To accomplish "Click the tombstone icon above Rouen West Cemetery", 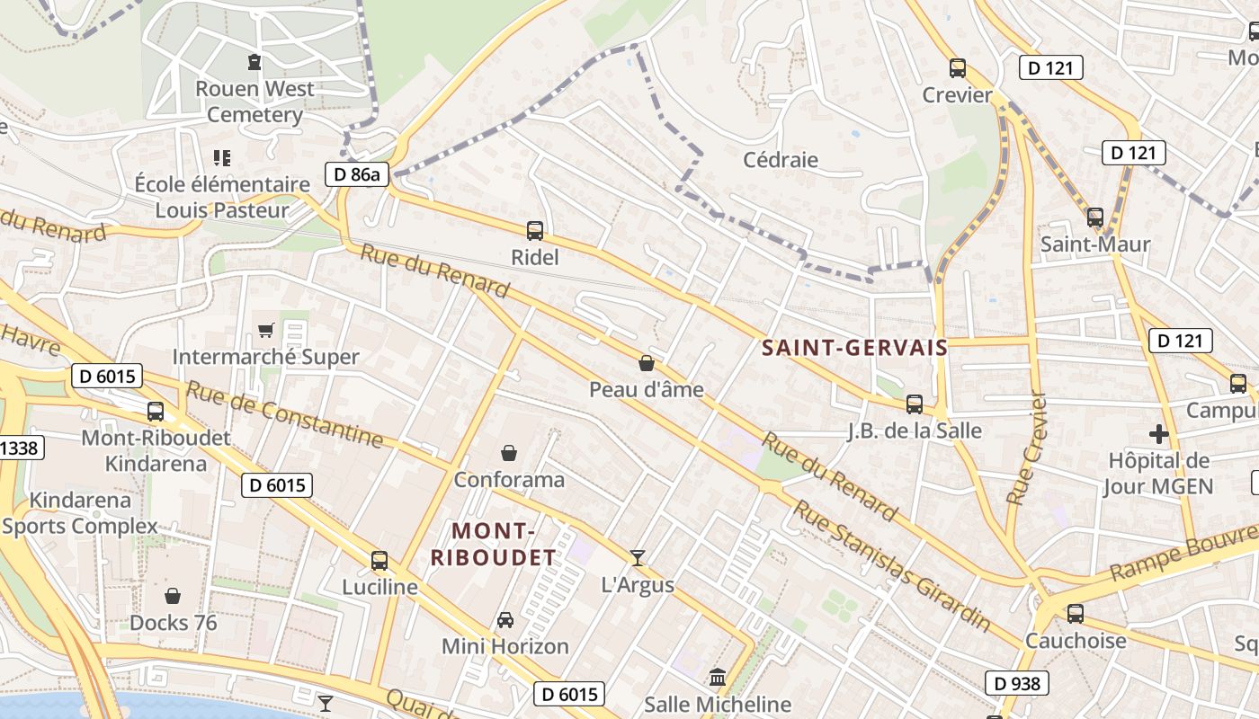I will [254, 62].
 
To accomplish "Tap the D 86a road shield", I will [356, 174].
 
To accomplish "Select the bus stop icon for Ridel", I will [535, 231].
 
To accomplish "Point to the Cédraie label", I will [781, 160].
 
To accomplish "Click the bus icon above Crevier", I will [958, 67].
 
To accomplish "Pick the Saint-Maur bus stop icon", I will [1094, 217].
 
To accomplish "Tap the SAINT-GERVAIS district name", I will [854, 348].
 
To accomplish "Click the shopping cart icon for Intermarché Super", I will [265, 330].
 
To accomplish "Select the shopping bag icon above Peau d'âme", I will [646, 363].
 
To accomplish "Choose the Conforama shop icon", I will [509, 452].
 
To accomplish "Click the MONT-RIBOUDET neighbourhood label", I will [493, 544].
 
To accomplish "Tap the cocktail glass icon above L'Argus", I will [637, 558].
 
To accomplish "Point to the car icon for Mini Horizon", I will [505, 619].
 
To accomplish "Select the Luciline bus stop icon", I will [379, 561].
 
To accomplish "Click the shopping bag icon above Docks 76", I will [173, 596].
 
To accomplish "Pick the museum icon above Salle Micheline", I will [718, 677].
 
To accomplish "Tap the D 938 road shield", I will [1018, 683].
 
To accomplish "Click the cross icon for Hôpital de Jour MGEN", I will [1159, 435].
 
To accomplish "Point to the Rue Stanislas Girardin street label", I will [891, 565].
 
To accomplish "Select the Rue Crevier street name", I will [1026, 448].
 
